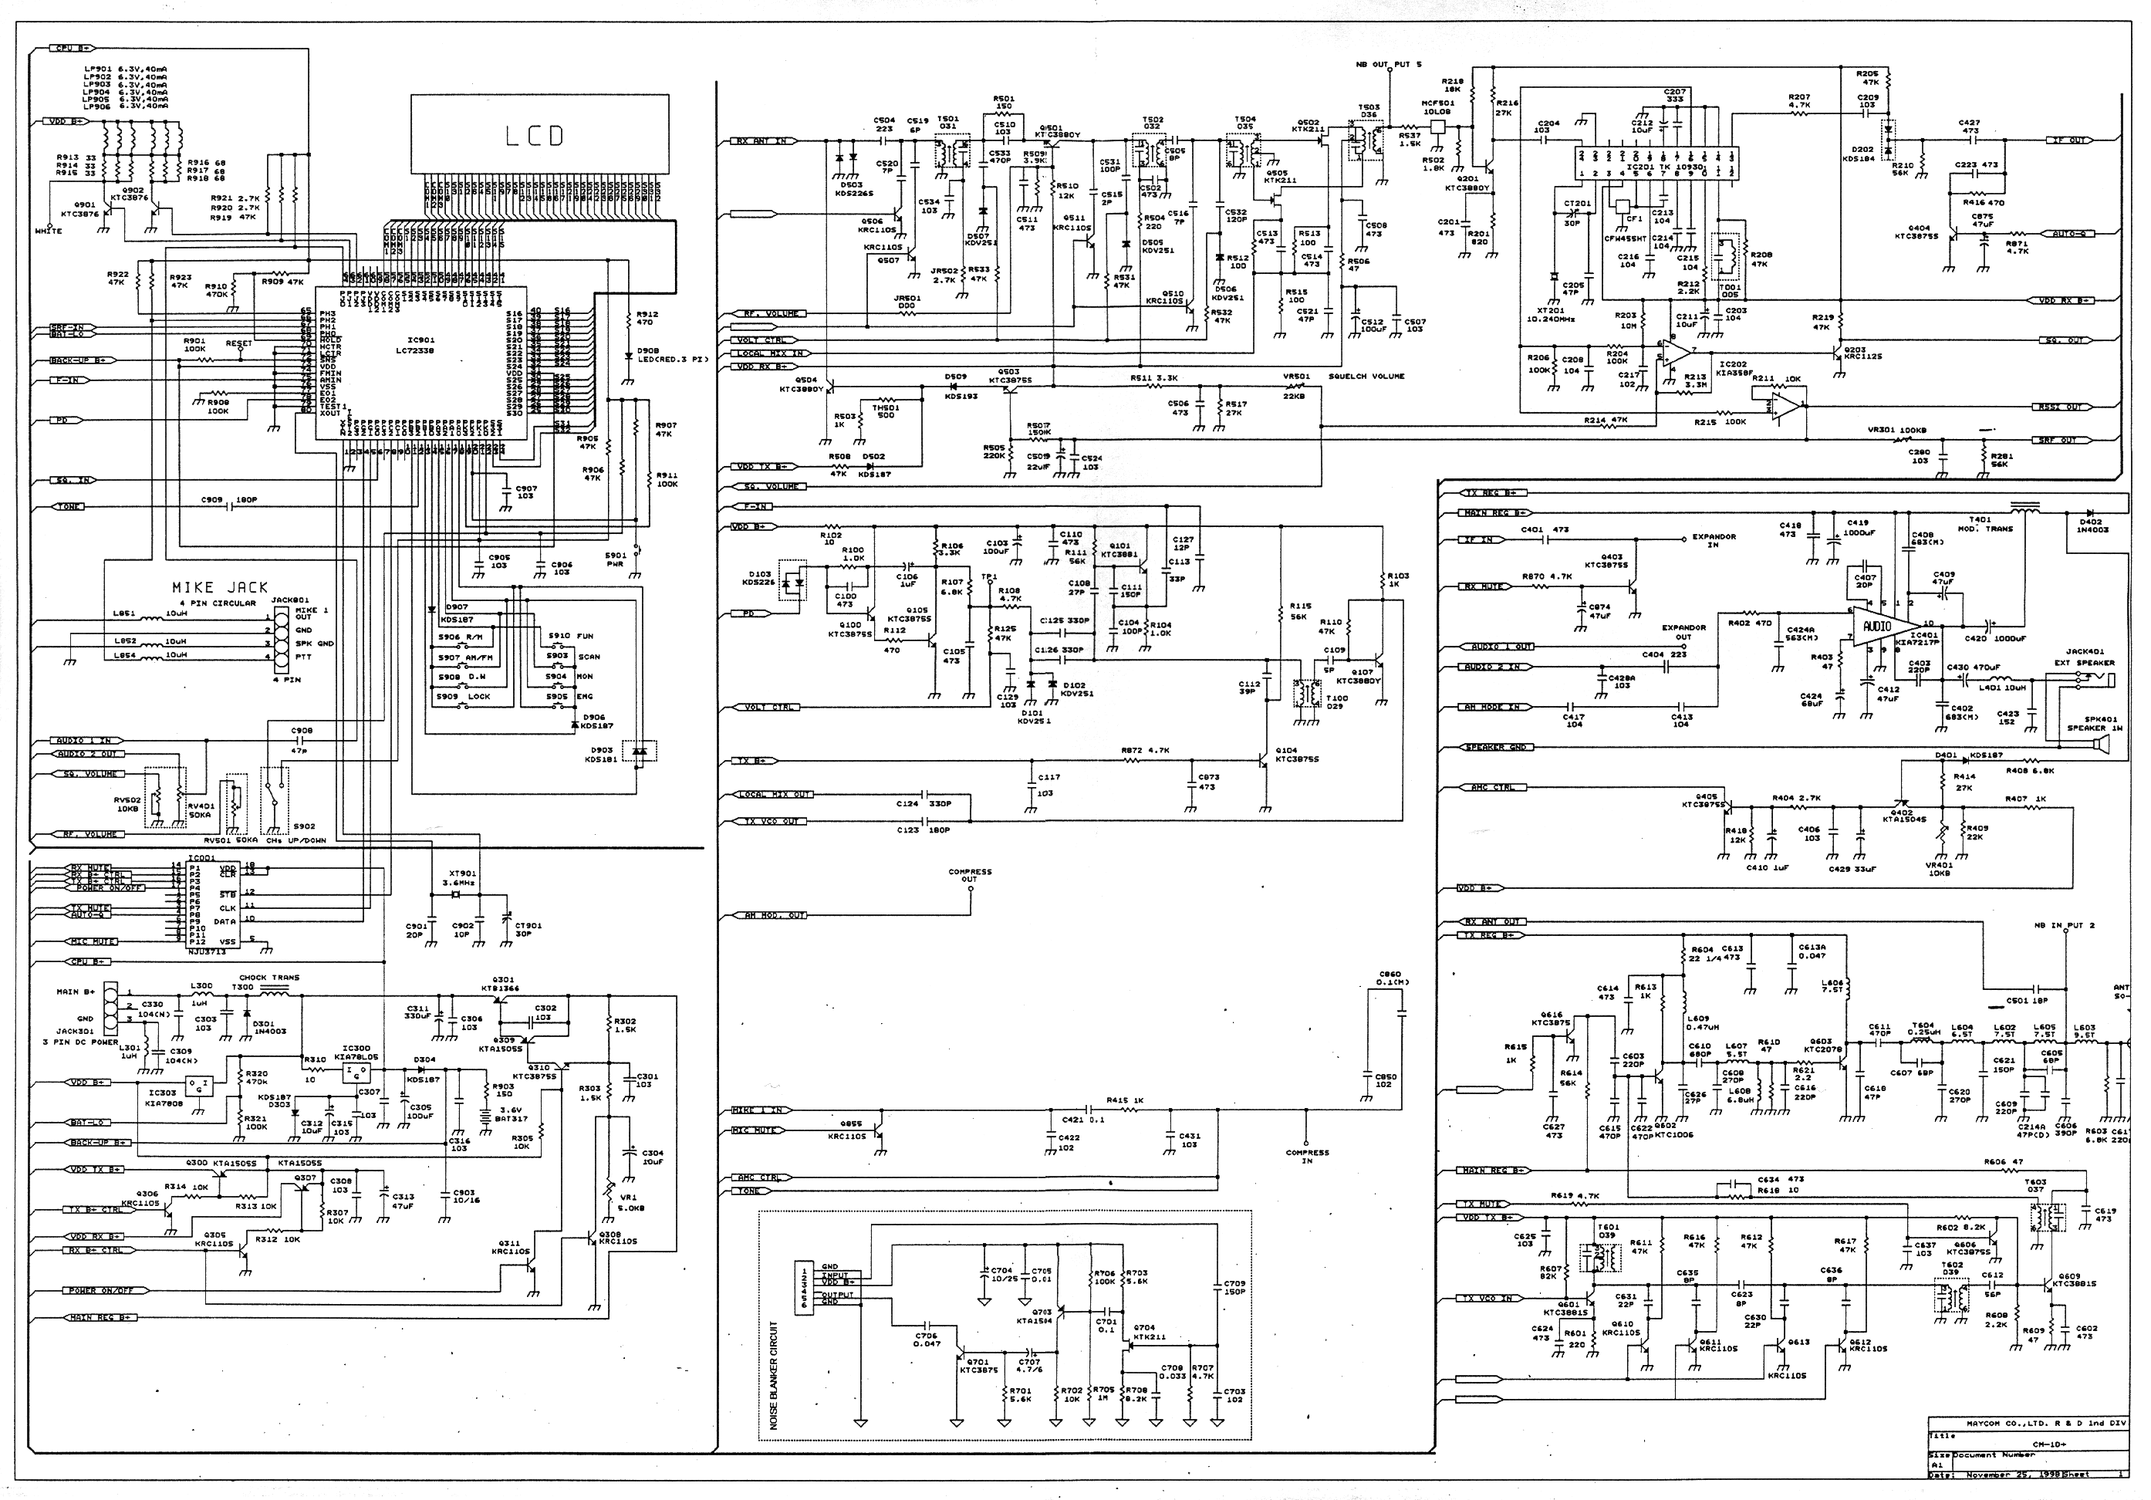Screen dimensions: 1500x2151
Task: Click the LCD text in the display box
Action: pos(535,137)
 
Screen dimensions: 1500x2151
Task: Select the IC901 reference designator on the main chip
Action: pos(420,340)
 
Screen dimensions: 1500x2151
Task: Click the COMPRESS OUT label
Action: pos(970,875)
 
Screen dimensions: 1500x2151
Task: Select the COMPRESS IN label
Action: pos(1307,1156)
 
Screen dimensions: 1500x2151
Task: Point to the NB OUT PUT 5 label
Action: pos(1389,65)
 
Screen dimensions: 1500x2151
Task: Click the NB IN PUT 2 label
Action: pos(2064,926)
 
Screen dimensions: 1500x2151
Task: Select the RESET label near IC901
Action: pos(239,344)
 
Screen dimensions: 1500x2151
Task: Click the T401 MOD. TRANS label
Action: pos(1980,524)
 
